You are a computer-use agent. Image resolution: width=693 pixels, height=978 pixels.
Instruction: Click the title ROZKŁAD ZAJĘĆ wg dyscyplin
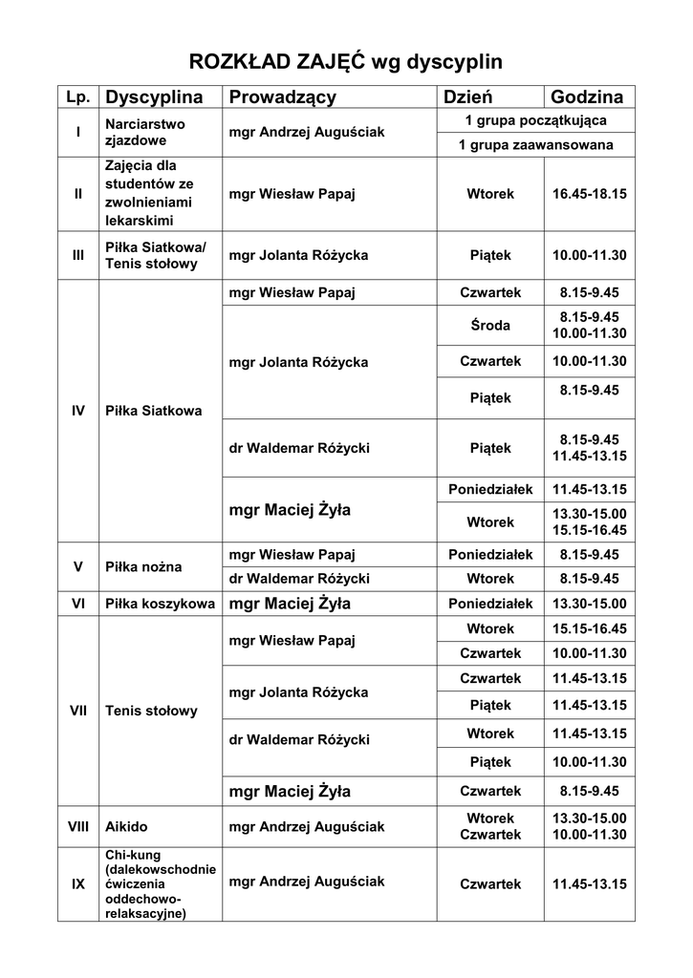click(346, 63)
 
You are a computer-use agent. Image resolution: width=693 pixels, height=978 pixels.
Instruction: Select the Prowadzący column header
click(282, 96)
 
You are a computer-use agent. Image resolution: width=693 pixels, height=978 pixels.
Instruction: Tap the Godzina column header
click(587, 96)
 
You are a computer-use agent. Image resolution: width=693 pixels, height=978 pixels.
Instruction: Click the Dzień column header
click(466, 96)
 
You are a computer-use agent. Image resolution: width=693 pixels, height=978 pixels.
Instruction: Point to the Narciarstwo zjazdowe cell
click(145, 132)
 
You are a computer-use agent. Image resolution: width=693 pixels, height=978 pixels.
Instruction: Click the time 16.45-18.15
click(589, 194)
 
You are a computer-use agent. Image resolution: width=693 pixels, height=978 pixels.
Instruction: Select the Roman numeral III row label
click(77, 256)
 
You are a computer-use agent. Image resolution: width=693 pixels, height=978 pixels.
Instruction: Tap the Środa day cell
click(490, 325)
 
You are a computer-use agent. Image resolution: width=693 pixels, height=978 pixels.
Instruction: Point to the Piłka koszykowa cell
click(160, 604)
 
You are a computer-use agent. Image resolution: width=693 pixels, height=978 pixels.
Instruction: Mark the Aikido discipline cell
click(126, 826)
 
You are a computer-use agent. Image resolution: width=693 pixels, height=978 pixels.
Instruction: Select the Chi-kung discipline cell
click(160, 883)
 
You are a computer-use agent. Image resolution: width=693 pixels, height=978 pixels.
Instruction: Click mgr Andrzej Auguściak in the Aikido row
click(307, 826)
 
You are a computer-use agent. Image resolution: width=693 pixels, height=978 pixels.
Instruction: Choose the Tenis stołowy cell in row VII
click(151, 711)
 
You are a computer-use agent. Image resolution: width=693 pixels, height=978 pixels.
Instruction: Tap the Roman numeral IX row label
click(77, 884)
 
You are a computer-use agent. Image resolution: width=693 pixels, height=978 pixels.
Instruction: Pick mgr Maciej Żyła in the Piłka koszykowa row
click(290, 604)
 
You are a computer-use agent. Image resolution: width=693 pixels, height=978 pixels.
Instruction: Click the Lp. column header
click(77, 97)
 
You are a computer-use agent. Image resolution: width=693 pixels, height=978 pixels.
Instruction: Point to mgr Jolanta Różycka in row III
click(298, 256)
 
